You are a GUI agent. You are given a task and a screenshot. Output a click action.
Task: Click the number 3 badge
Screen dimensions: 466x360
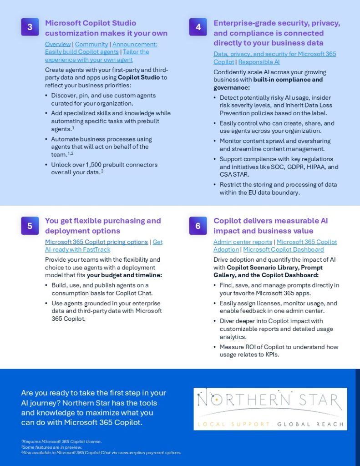(x=30, y=27)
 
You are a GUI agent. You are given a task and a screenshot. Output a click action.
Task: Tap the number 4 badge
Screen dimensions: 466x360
(x=198, y=27)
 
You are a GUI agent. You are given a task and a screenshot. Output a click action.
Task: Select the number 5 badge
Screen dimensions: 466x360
(x=30, y=225)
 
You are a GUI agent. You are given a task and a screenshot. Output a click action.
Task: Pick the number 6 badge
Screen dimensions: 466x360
(x=198, y=225)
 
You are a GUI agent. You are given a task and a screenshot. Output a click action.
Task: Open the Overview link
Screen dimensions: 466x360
(x=58, y=44)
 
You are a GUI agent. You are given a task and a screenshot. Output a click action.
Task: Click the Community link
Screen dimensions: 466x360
(x=91, y=44)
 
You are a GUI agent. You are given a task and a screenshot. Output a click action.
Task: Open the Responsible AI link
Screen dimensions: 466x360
(x=259, y=62)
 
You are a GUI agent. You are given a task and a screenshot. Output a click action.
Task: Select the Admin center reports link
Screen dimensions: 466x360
(x=243, y=242)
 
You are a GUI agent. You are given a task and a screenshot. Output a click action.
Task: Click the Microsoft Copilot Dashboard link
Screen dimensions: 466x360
(x=284, y=249)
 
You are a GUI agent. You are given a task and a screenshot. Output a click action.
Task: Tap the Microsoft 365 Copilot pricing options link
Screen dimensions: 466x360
(x=96, y=242)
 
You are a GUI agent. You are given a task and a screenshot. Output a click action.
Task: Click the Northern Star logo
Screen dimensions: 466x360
(x=270, y=409)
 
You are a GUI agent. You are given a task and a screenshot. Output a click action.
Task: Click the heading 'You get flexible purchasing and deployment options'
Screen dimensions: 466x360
(x=103, y=226)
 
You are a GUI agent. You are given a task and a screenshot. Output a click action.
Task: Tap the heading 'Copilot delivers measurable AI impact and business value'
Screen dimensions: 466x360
(x=271, y=226)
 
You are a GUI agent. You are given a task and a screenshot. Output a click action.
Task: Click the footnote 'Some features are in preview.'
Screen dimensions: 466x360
(x=51, y=447)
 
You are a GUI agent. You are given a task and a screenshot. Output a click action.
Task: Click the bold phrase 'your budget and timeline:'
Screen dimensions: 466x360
(x=124, y=275)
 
